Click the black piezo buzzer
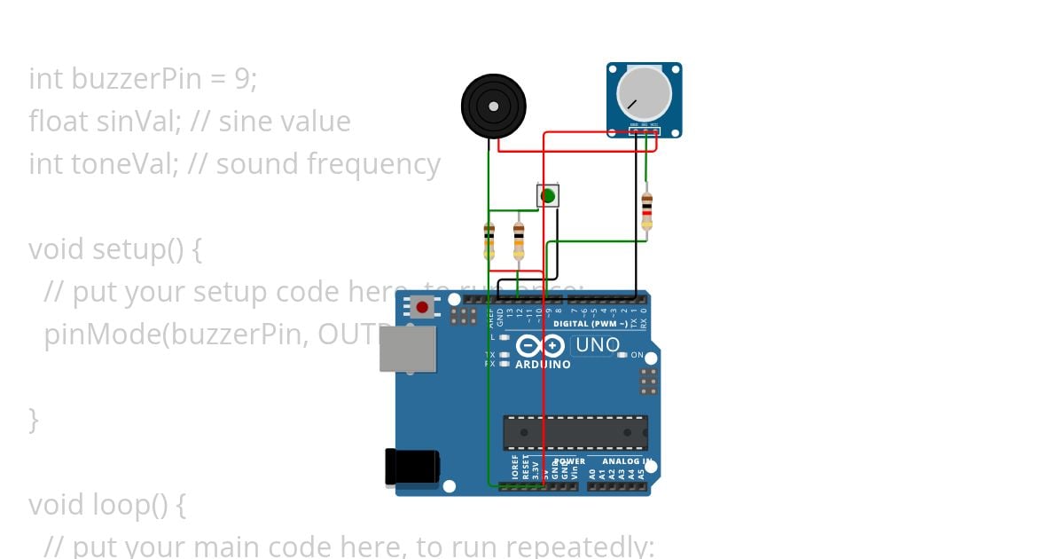click(493, 106)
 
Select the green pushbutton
click(548, 195)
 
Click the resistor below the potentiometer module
click(646, 210)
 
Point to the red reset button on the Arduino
click(422, 308)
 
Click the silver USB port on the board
click(407, 349)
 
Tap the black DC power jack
click(411, 467)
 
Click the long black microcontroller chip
click(575, 432)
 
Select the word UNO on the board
click(598, 345)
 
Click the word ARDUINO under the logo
click(543, 365)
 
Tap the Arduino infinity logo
click(540, 346)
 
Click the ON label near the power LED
click(637, 355)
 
